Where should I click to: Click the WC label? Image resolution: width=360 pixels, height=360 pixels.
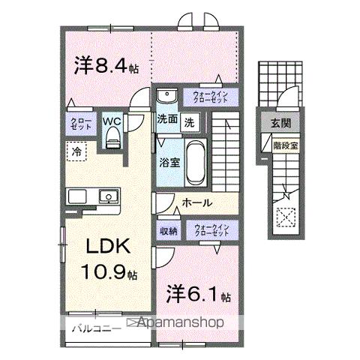tap(112, 120)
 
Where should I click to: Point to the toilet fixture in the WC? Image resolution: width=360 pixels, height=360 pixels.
tap(112, 136)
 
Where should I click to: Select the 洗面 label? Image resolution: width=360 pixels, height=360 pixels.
tap(167, 119)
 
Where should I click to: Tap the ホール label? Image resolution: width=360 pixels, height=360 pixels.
tap(197, 202)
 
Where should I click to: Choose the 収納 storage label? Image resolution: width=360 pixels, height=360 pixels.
tap(168, 230)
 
